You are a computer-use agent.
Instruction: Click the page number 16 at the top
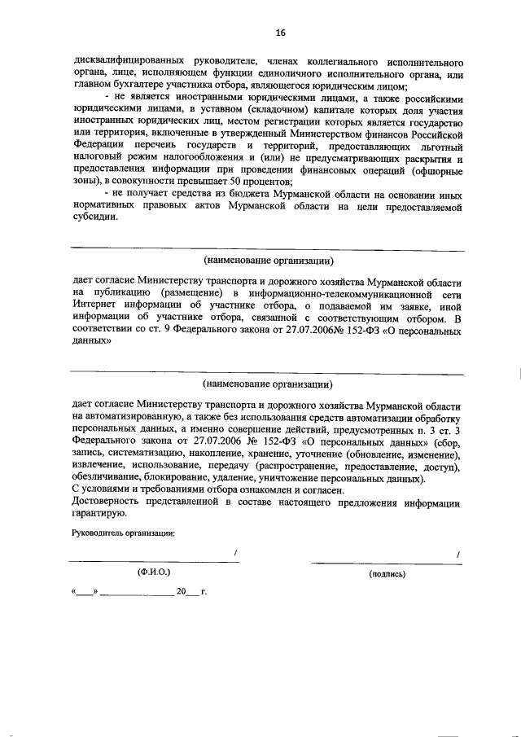[x=280, y=32]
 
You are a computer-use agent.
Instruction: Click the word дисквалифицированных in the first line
[x=125, y=62]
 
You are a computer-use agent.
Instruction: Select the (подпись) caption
[x=387, y=573]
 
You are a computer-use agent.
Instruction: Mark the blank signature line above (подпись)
[x=383, y=561]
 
